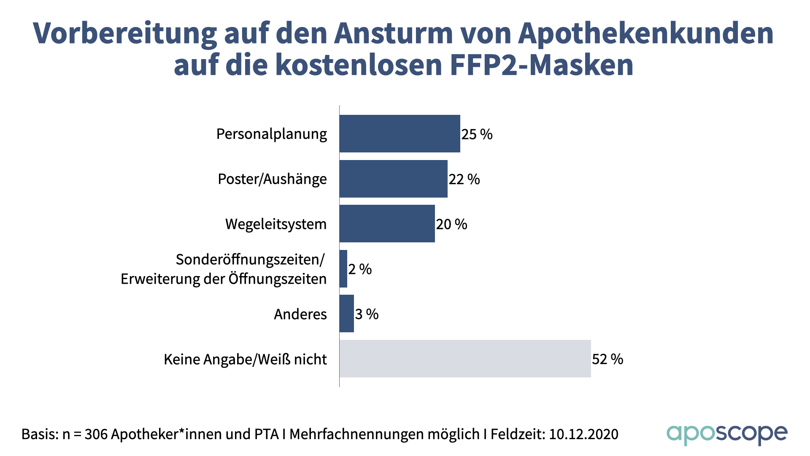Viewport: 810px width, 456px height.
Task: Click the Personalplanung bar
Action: click(400, 133)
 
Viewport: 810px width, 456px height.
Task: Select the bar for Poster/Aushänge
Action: click(393, 179)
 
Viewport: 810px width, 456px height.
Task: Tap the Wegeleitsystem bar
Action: click(387, 224)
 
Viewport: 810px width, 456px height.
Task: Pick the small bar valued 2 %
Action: click(343, 269)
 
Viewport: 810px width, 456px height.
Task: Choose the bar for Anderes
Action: click(346, 314)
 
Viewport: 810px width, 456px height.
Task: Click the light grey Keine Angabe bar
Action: click(465, 359)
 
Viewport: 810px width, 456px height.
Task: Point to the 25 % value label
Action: click(477, 134)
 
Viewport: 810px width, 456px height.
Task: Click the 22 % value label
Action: click(464, 179)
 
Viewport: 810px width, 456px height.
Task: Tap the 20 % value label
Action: click(451, 224)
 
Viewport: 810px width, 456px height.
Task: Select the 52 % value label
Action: click(607, 359)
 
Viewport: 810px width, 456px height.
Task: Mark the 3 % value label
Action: click(367, 314)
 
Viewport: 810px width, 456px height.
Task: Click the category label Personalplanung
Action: click(271, 134)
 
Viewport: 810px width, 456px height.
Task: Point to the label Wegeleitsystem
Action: click(276, 224)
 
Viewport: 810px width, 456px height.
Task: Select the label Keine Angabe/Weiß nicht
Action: click(245, 359)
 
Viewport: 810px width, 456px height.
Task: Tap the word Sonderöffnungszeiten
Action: click(249, 260)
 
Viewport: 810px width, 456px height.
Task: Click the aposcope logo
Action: click(726, 434)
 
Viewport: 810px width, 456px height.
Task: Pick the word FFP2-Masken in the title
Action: click(542, 65)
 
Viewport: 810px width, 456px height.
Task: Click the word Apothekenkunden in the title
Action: click(645, 33)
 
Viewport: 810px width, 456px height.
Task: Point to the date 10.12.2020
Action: click(583, 434)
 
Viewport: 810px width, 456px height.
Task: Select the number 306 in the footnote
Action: click(96, 434)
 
